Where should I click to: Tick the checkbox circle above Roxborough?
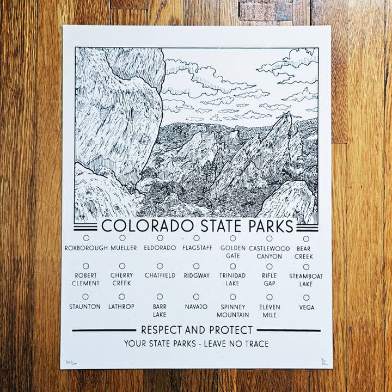[x=86, y=238]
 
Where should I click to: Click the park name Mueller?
[x=124, y=248]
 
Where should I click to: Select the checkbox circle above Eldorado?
[x=160, y=238]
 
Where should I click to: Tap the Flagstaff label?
[x=196, y=248]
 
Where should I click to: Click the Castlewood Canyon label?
[x=269, y=252]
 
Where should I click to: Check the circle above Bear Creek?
[x=306, y=238]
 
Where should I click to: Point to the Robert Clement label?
[x=86, y=279]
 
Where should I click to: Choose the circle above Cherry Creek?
[x=122, y=266]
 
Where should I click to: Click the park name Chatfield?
[x=160, y=275]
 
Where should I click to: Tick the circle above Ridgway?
[x=196, y=266]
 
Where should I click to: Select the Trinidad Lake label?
[x=232, y=279]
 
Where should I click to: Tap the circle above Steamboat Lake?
[x=306, y=267]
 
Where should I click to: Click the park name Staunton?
[x=85, y=307]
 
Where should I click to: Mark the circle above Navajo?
[x=196, y=297]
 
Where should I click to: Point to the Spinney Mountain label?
[x=232, y=310]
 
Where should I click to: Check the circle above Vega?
[x=306, y=297]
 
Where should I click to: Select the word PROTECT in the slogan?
[x=231, y=330]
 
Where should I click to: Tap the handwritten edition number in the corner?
[x=70, y=362]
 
